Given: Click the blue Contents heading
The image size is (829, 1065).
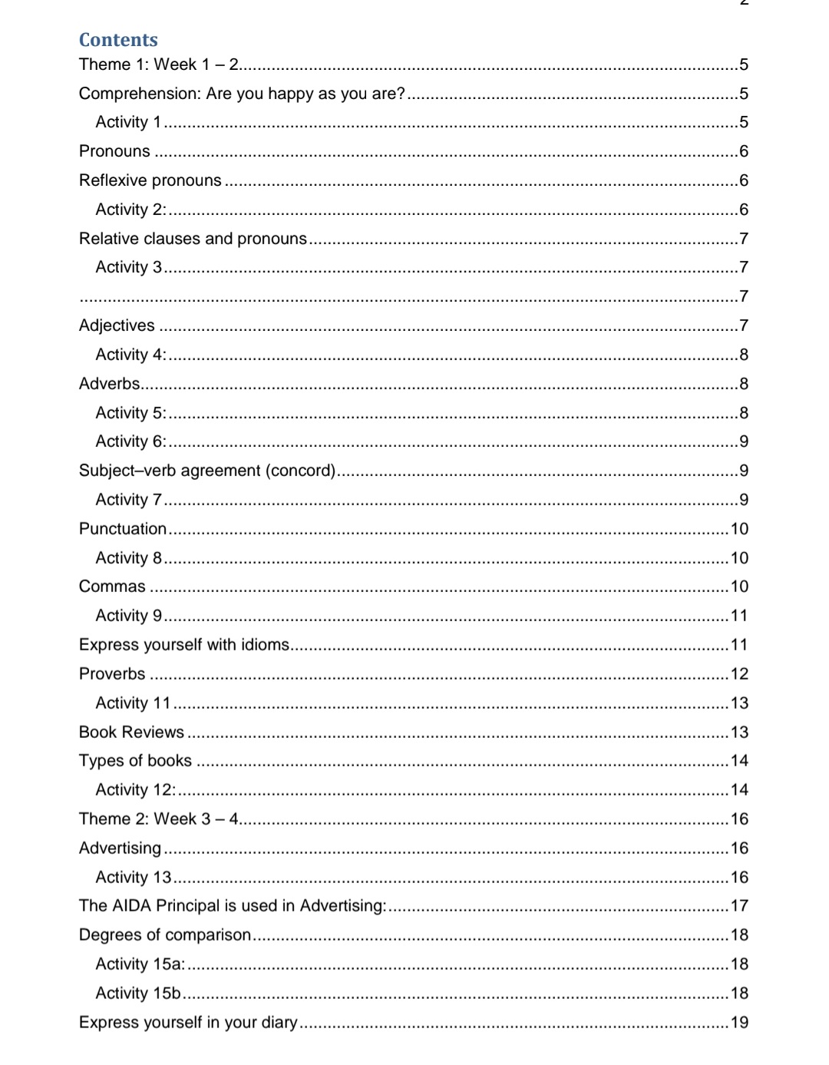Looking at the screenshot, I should [118, 40].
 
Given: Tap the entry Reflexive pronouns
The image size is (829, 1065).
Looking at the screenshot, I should [150, 180].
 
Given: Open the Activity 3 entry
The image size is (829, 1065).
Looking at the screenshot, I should [128, 267].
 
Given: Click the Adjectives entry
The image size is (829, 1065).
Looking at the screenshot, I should [117, 326].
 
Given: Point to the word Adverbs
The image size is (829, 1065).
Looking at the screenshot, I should [110, 384].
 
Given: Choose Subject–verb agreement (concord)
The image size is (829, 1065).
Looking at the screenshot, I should [207, 471].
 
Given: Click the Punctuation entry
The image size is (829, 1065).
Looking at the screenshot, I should [123, 529].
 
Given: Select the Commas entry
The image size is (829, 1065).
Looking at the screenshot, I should [112, 587].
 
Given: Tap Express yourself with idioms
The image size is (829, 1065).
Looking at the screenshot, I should [184, 645].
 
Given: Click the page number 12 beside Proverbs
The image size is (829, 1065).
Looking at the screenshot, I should [739, 674].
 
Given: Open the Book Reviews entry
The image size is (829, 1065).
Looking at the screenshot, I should [131, 733].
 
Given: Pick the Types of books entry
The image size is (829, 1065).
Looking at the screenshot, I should [135, 761].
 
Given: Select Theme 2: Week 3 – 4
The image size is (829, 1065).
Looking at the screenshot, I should [159, 819].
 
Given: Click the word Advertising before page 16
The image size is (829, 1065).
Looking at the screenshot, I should [120, 848].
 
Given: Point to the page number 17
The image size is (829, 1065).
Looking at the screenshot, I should [739, 906].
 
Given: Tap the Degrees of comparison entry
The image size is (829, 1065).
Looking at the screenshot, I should [165, 935].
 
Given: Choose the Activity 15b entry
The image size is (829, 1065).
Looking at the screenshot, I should [137, 994].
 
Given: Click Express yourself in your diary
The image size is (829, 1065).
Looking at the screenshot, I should [188, 1023].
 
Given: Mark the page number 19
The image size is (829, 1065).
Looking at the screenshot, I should [739, 1023].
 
